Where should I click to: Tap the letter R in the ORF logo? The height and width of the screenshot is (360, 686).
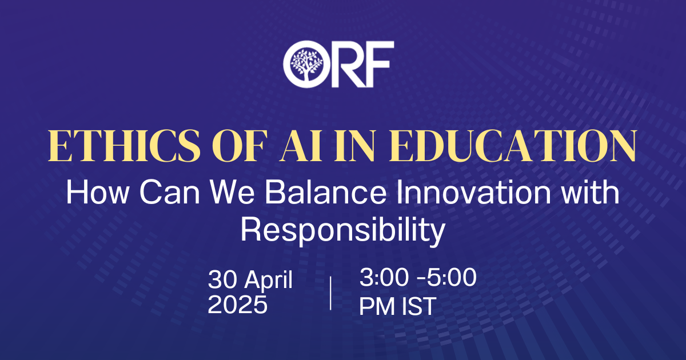349,64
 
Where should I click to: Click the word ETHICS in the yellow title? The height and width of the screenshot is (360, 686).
124,146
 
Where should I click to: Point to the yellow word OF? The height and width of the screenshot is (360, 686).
238,146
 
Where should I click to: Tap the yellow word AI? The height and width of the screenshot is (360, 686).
301,146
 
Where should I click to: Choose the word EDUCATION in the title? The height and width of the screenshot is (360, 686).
513,146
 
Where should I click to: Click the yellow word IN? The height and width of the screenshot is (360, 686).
354,146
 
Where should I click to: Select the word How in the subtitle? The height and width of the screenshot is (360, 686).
97,192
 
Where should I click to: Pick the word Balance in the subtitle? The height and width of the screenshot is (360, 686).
325,192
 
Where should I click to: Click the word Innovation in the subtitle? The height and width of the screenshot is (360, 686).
473,192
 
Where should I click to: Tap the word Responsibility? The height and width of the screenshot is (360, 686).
342,231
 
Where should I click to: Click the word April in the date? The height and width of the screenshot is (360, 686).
268,280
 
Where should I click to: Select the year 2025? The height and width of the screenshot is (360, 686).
238,305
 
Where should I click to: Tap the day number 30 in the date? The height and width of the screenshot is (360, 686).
222,279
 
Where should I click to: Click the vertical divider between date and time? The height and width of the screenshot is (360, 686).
330,293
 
